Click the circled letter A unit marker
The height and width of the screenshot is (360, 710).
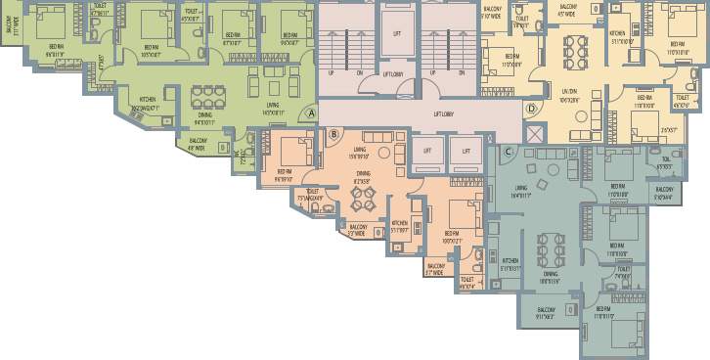(x=311, y=113)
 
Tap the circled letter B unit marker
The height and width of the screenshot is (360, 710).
(x=333, y=134)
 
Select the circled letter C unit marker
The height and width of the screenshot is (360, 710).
(x=508, y=150)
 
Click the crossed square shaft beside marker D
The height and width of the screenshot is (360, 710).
(x=535, y=132)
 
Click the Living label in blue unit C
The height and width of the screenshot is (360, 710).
(x=521, y=193)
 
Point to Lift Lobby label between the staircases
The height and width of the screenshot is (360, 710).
(x=393, y=74)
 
